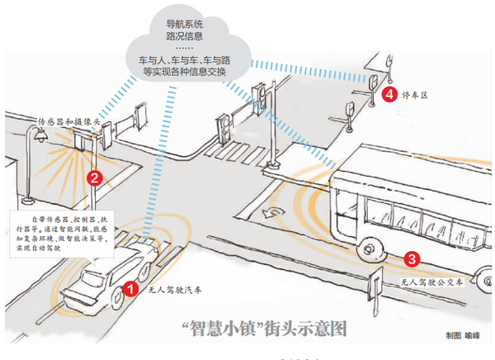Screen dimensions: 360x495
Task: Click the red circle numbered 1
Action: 130,288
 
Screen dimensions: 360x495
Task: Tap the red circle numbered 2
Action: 95,177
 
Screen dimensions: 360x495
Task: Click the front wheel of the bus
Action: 370,248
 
